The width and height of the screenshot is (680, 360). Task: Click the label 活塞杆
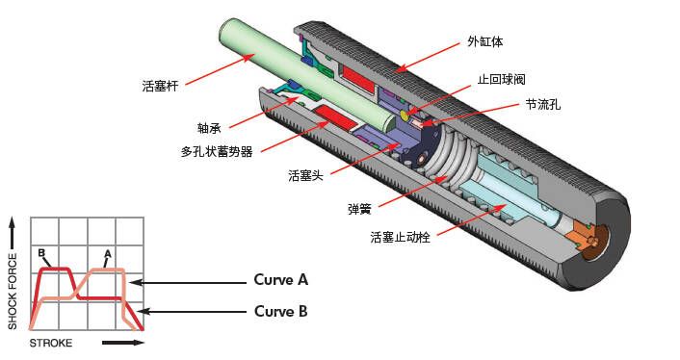[x=160, y=86]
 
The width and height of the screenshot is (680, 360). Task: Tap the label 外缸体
[x=485, y=41]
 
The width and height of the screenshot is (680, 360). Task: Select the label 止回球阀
[x=501, y=79]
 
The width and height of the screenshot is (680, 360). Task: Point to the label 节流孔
[x=543, y=104]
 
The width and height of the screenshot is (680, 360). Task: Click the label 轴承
[x=209, y=128]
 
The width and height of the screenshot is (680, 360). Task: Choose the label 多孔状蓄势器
[x=217, y=152]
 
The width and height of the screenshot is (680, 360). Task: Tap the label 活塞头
[x=305, y=175]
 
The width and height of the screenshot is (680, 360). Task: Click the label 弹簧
[x=359, y=209]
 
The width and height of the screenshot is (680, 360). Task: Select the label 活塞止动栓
[x=401, y=237]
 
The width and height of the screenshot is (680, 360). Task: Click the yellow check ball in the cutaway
[x=405, y=116]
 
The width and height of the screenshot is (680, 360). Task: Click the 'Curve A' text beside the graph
[x=280, y=279]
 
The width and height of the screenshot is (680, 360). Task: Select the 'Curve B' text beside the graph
[x=280, y=311]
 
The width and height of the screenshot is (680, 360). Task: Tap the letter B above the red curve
[x=41, y=252]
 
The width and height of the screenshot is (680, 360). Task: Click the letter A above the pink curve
[x=108, y=253]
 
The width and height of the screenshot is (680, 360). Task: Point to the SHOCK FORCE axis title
[x=13, y=291]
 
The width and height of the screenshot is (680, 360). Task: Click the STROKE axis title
[x=51, y=343]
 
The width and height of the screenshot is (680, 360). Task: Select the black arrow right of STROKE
[x=123, y=343]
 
